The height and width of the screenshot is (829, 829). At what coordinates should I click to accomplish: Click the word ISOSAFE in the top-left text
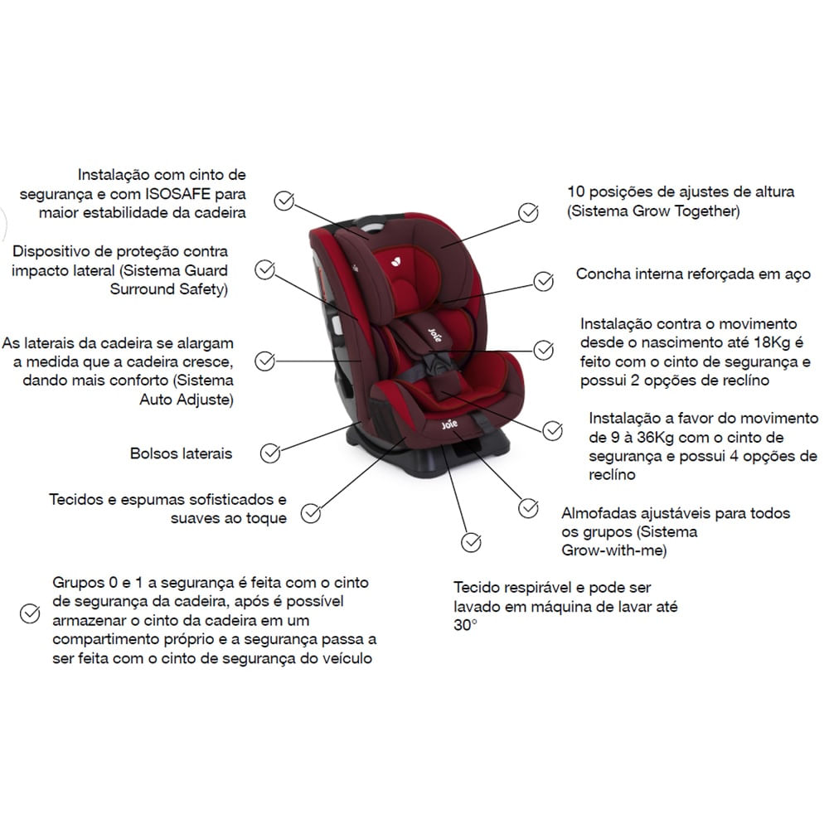[177, 193]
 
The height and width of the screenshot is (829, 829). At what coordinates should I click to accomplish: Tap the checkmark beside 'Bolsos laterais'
[270, 453]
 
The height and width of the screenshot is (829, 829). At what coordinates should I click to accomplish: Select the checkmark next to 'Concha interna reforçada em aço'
[544, 281]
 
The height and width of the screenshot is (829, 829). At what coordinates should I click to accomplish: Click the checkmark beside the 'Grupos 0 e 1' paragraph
[30, 613]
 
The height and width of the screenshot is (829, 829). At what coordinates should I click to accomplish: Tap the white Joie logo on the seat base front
[449, 424]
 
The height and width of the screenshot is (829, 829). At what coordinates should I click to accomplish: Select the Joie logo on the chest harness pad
[434, 335]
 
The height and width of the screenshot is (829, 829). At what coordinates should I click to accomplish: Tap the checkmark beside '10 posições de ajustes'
[528, 213]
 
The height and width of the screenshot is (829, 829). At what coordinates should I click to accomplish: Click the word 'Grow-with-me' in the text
[613, 550]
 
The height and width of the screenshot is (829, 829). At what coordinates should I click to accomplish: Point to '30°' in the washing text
[465, 625]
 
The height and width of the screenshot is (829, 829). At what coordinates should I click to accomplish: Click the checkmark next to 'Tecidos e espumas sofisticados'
[311, 513]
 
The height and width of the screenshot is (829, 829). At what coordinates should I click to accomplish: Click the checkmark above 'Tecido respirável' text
[471, 542]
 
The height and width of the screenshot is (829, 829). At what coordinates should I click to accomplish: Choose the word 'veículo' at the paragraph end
[347, 658]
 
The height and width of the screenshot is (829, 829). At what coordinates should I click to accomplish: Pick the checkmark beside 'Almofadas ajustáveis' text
[528, 509]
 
